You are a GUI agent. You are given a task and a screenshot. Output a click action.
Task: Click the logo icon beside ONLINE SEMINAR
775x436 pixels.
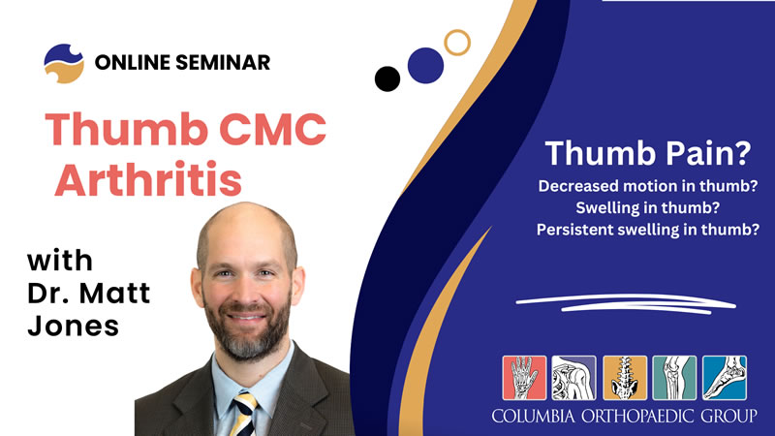[63, 63]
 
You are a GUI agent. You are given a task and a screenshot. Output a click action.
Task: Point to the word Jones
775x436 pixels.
[73, 326]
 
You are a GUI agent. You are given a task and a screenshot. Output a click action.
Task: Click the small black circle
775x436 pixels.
[387, 78]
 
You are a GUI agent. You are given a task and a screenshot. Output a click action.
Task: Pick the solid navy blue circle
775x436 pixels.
[425, 65]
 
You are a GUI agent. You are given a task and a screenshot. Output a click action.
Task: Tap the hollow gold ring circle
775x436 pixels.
[456, 41]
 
